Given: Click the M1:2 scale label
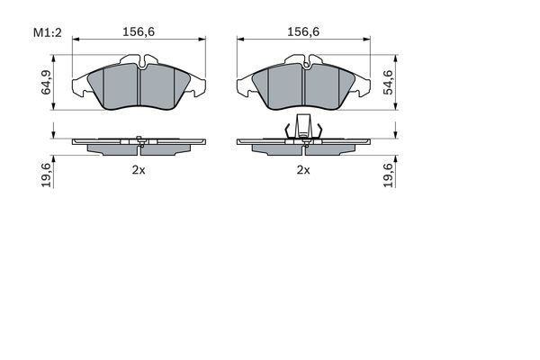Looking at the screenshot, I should tap(46, 33).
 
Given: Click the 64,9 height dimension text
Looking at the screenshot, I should tap(45, 84).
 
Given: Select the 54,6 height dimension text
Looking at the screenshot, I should tap(388, 82).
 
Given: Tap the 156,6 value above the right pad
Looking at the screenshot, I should tap(303, 31).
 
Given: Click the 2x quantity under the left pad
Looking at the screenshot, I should tap(139, 169).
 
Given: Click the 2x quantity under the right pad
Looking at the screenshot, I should tap(303, 169).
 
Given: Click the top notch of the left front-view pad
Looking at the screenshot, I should tap(139, 62).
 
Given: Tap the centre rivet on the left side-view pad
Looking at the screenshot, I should tap(139, 139).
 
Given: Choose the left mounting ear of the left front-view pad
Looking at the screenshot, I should tap(80, 87).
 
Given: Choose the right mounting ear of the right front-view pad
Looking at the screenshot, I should tap(362, 87).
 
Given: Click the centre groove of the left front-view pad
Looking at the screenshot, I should tap(139, 86).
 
